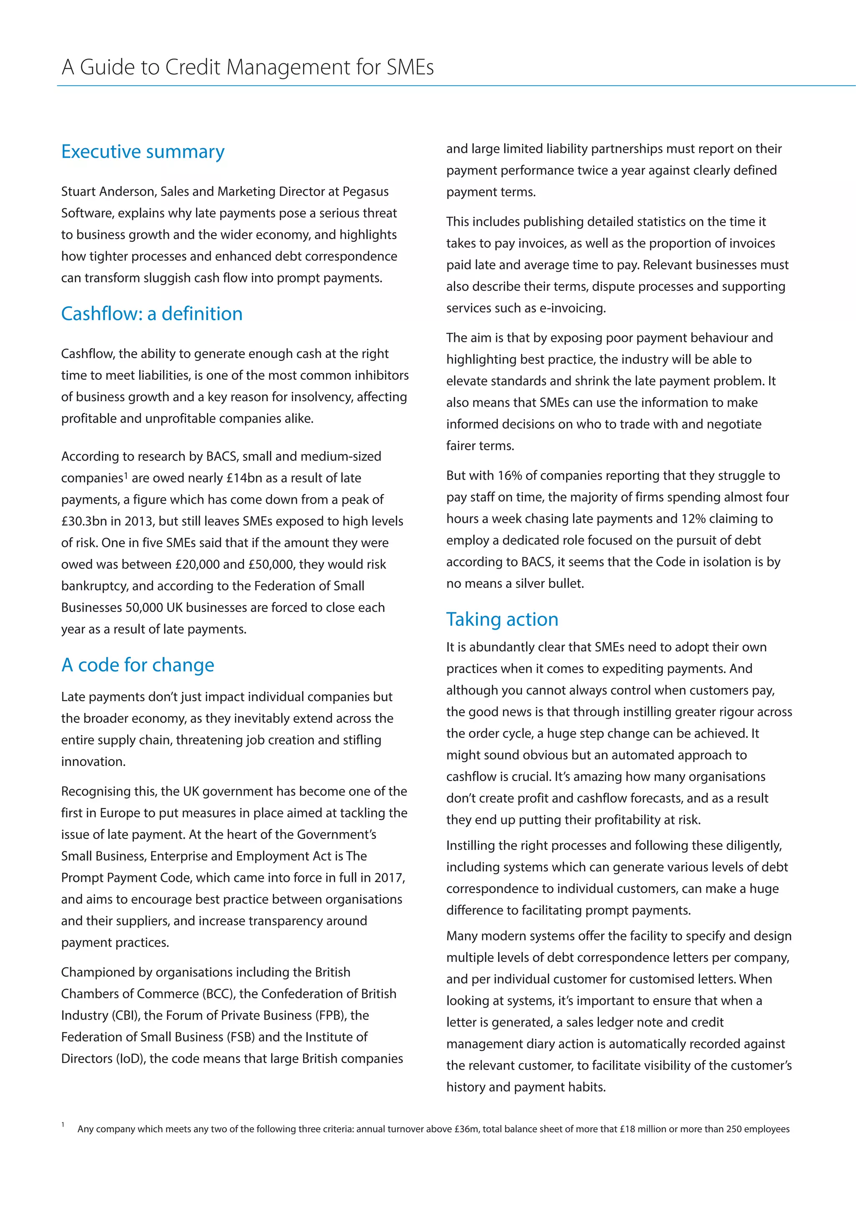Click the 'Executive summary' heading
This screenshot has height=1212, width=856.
pyautogui.click(x=143, y=151)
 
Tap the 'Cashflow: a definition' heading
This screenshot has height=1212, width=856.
pyautogui.click(x=151, y=313)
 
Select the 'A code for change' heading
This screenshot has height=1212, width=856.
pyautogui.click(x=138, y=665)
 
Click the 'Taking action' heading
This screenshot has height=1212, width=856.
pyautogui.click(x=502, y=619)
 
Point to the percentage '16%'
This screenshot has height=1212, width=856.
pyautogui.click(x=510, y=475)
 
